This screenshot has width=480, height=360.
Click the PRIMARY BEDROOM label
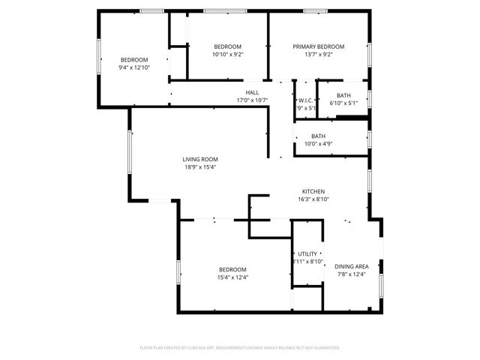click(319, 46)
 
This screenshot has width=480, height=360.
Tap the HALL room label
click(252, 92)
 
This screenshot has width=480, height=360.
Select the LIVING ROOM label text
click(200, 159)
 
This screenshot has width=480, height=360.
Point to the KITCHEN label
click(313, 191)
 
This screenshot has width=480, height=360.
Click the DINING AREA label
click(351, 266)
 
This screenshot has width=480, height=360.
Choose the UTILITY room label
click(307, 254)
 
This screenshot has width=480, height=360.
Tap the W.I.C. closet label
click(305, 100)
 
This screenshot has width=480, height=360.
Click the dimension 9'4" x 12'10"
click(134, 67)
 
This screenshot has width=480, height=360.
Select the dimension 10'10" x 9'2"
click(227, 54)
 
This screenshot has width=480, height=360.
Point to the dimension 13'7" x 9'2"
click(319, 54)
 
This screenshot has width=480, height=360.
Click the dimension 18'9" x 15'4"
click(200, 167)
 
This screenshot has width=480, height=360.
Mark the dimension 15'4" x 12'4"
click(232, 277)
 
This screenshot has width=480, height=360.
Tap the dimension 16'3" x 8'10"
click(313, 199)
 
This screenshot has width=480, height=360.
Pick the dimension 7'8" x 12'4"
click(351, 274)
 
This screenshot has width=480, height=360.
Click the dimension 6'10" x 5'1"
click(343, 103)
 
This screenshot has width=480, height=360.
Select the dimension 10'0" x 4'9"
click(319, 144)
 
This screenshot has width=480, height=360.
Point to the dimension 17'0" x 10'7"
click(252, 100)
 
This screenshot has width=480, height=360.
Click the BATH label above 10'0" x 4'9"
click(319, 136)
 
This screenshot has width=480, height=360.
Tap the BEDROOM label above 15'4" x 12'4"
click(232, 269)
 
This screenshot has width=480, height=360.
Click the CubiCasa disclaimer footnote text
click(240, 348)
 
